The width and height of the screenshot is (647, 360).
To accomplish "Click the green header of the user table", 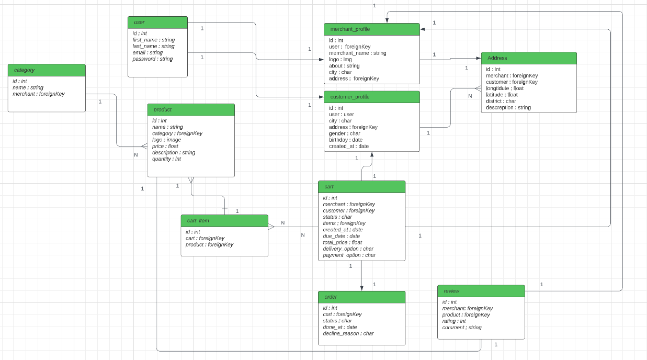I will (157, 22).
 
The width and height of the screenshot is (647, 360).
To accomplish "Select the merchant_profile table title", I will (371, 29).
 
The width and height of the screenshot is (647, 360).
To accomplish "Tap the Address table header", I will (528, 58).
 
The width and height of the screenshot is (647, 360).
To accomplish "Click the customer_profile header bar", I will (371, 97).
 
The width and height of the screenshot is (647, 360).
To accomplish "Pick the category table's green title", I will (47, 70).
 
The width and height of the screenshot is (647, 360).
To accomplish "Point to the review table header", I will (481, 291).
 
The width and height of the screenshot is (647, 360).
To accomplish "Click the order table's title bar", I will (361, 297).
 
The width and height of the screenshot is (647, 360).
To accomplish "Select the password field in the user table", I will (152, 59).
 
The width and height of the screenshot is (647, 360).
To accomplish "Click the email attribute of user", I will (147, 53).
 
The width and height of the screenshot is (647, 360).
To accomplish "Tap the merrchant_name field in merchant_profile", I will (357, 53).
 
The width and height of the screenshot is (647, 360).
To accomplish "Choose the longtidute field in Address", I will (504, 88).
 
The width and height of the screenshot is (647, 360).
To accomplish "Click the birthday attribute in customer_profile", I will (345, 140).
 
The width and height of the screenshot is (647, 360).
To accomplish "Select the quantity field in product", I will (166, 159).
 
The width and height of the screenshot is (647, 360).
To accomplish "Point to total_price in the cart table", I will (342, 242).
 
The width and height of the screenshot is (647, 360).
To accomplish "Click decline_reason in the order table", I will (348, 333).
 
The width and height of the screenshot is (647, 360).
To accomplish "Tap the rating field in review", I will (453, 321).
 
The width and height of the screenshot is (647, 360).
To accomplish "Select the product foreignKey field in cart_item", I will (209, 244).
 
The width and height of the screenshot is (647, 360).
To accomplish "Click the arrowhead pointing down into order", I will (361, 288).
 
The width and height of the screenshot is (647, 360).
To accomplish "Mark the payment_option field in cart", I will (349, 255).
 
